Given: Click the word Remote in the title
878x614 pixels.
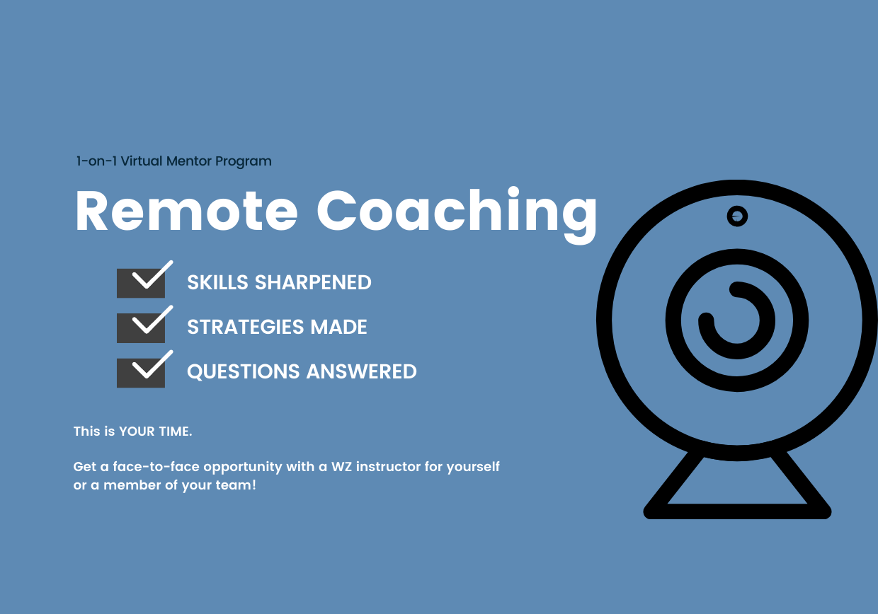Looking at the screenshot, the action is [x=186, y=211].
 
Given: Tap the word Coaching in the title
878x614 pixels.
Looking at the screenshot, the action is [x=457, y=215].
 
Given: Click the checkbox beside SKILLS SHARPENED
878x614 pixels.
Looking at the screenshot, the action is [x=141, y=283].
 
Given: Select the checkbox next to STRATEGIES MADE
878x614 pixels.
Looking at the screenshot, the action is [x=141, y=328].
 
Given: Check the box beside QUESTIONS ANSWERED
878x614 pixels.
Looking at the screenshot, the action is [x=141, y=373].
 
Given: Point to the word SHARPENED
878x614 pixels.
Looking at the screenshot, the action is [x=313, y=282].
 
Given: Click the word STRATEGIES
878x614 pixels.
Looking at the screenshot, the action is [x=246, y=327].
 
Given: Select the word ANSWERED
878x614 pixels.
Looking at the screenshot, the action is [x=361, y=371].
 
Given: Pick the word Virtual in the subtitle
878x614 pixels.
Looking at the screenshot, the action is [x=142, y=161].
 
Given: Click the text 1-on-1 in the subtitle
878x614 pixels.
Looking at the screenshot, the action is [x=96, y=161].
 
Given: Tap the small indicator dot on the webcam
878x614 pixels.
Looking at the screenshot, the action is [x=737, y=216].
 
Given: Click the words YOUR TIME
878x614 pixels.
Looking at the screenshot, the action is [x=156, y=431].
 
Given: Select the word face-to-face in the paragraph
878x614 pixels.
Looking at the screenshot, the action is [x=156, y=467].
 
